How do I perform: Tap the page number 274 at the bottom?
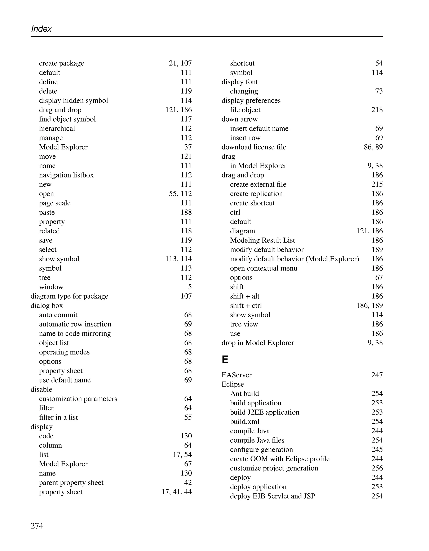click(37, 525)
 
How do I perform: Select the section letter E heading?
click(225, 359)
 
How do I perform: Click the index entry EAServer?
click(236, 375)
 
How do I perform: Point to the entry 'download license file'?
click(254, 147)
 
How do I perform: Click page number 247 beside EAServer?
click(377, 375)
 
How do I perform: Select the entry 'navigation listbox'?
click(66, 175)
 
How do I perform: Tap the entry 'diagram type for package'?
click(69, 296)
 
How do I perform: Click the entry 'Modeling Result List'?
click(262, 240)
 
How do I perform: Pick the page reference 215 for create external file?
click(377, 184)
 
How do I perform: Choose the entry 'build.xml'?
click(244, 422)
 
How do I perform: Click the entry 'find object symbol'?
click(67, 119)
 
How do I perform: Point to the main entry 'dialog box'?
click(47, 306)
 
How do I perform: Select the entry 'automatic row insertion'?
click(75, 324)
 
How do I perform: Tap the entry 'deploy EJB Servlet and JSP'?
click(273, 496)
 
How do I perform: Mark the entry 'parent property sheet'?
click(71, 483)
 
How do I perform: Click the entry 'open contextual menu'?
click(264, 268)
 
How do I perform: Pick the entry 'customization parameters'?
click(78, 399)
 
